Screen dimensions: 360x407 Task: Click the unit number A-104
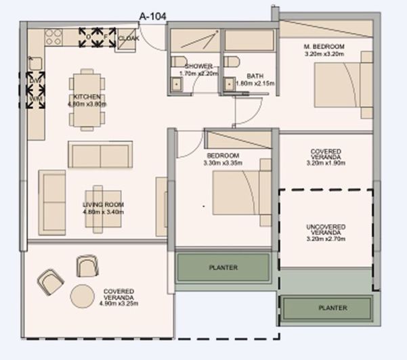click(152, 15)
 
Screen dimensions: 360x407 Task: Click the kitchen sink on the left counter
click(35, 64)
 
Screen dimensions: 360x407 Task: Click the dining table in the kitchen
click(87, 99)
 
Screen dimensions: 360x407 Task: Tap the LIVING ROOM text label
click(104, 204)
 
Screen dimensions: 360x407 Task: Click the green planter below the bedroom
click(223, 267)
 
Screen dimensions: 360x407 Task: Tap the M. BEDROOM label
click(324, 46)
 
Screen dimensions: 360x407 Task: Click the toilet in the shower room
click(177, 62)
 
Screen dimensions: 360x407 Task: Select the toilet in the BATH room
click(232, 62)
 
